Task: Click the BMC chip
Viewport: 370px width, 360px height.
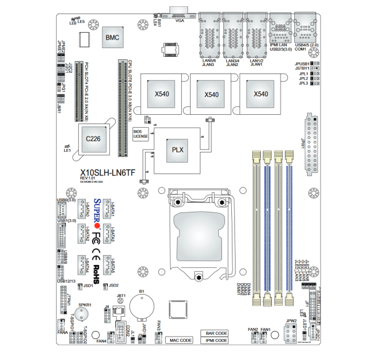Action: coord(112,38)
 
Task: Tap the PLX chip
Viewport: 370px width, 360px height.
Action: coord(178,150)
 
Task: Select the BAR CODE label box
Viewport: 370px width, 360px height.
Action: coord(216,333)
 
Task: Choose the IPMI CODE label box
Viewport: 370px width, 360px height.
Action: coord(216,340)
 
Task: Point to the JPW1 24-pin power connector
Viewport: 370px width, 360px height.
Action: coord(310,143)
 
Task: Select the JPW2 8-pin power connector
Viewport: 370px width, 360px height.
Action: coord(292,333)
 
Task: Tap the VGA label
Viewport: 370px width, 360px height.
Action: coord(180,20)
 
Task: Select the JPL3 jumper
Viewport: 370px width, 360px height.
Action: coord(314,83)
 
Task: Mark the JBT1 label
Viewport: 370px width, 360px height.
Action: coord(121,296)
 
